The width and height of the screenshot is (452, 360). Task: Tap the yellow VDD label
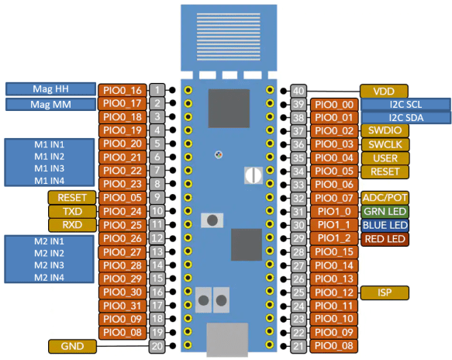point(385,91)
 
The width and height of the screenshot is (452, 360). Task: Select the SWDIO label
point(385,131)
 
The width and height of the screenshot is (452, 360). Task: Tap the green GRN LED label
point(385,211)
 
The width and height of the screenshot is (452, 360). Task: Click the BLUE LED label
point(385,225)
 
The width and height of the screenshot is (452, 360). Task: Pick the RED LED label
point(385,239)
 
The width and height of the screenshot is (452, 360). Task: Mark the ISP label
point(385,292)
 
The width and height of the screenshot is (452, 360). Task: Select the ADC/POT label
point(385,198)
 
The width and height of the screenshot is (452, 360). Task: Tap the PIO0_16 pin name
point(122,91)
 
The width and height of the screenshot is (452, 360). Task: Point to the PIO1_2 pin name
point(333,238)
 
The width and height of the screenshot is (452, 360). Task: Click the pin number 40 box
point(299,91)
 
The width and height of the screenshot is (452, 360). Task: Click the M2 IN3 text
point(49,265)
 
